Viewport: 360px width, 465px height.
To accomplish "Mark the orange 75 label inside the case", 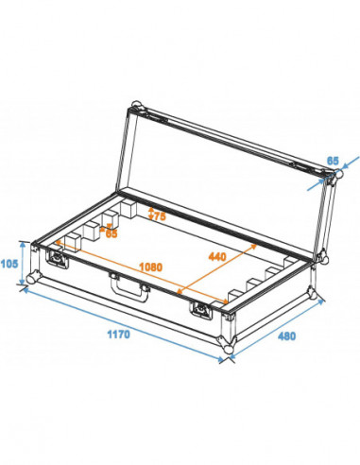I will click(x=155, y=215).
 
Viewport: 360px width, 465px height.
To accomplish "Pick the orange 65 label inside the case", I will click(x=111, y=232).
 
